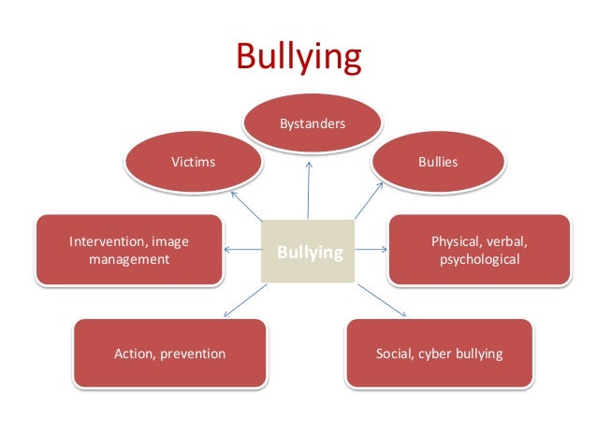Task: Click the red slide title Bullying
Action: tap(298, 58)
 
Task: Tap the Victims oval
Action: tap(193, 162)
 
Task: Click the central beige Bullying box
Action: tap(308, 252)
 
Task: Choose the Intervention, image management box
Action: tap(129, 250)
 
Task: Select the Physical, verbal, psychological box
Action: tap(478, 250)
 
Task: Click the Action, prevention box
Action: tap(169, 354)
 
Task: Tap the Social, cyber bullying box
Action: tap(439, 354)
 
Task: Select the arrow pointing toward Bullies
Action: tap(370, 199)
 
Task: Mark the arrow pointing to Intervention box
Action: tap(243, 249)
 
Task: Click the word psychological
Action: tap(479, 259)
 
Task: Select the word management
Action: tap(129, 259)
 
